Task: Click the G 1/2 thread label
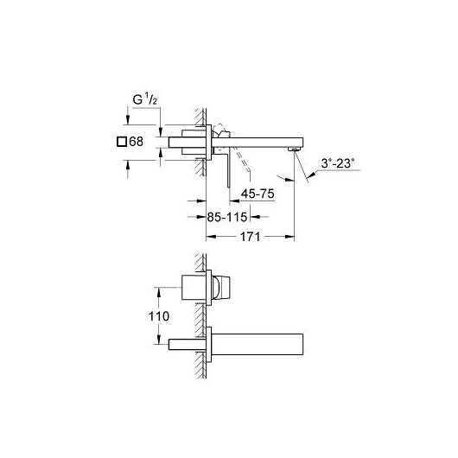point(145,100)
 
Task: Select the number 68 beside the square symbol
point(137,142)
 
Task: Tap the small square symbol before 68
point(122,142)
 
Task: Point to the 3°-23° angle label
point(338,163)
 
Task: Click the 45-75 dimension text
point(258,194)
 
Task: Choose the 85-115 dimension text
point(227,217)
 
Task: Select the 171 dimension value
point(250,237)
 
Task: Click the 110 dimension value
point(159,316)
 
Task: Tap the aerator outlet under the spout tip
point(294,149)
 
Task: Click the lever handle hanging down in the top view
point(230,167)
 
